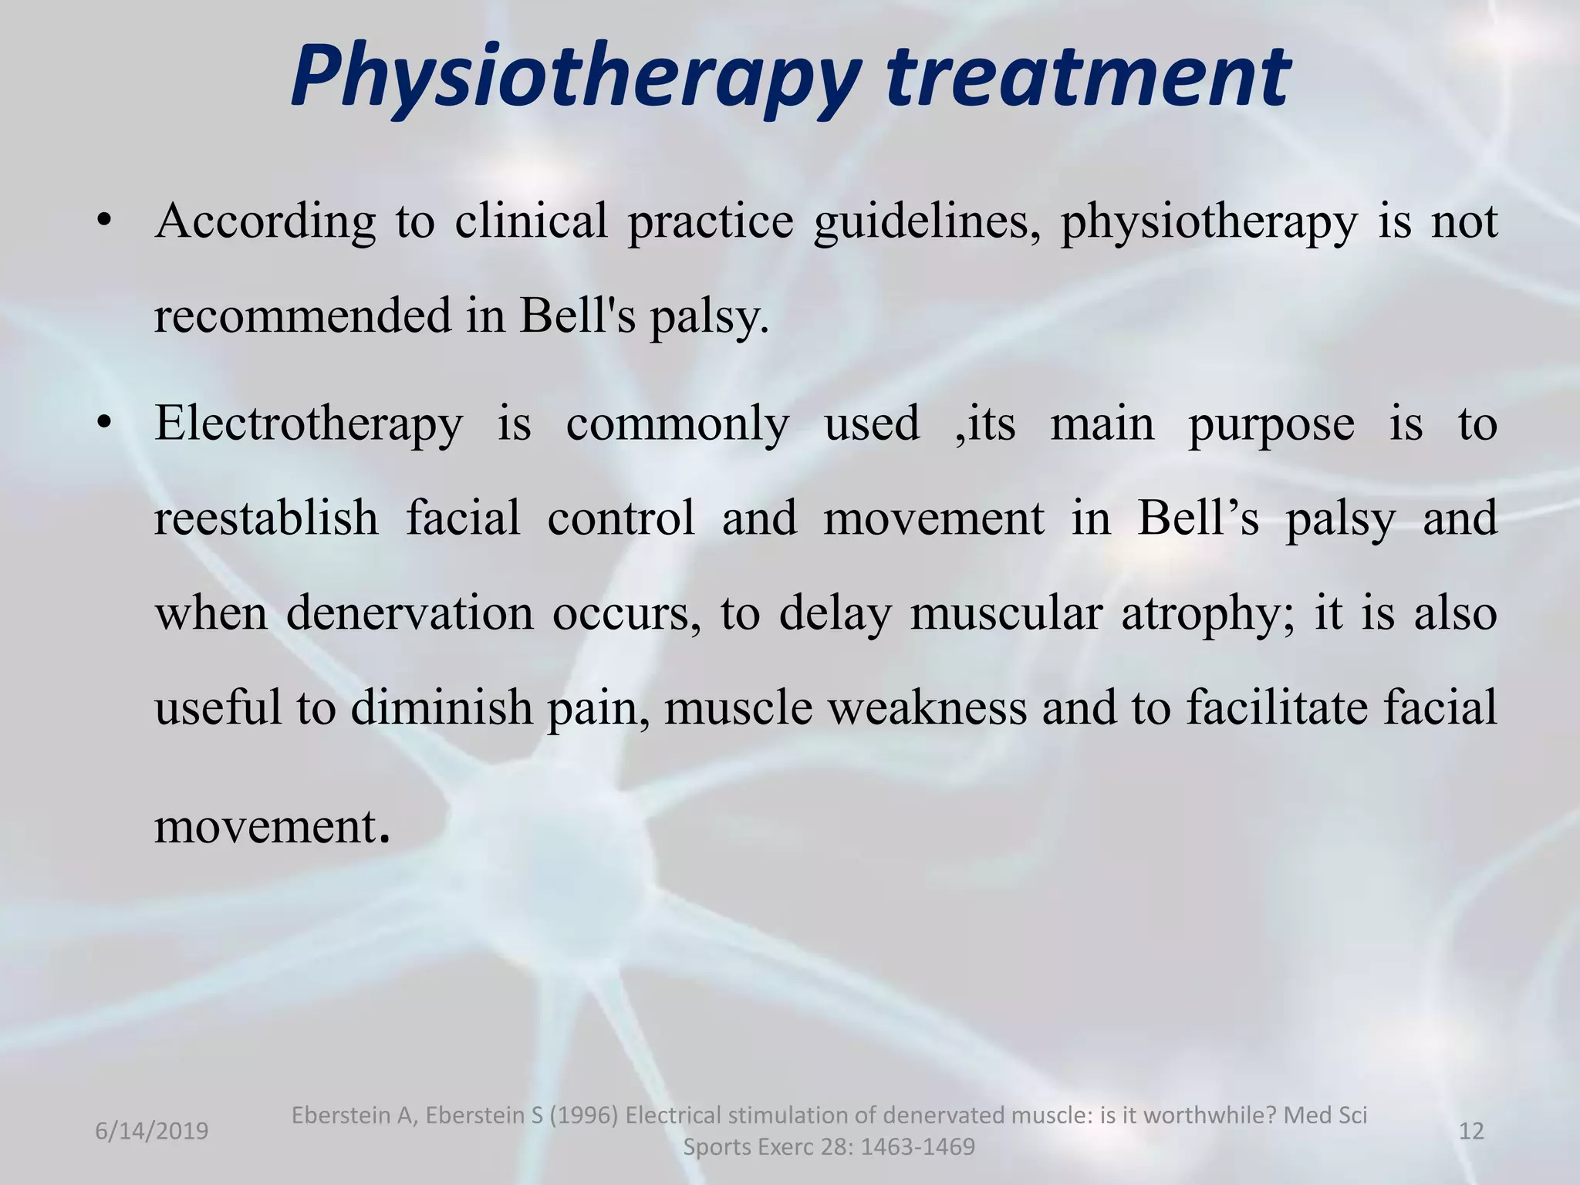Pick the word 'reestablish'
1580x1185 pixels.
coord(266,518)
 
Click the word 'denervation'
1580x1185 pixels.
coord(410,613)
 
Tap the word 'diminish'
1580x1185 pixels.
coord(441,707)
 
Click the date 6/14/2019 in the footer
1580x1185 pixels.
coord(152,1131)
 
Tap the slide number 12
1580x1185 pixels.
coord(1472,1131)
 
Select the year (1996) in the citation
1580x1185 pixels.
coord(582,1116)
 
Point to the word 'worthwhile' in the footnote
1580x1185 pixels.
coord(1210,1116)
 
